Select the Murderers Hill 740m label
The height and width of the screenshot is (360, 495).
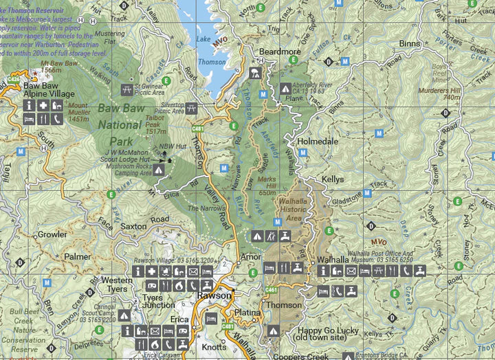442,93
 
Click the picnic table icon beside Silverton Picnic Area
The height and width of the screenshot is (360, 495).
192,108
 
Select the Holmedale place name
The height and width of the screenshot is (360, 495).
317,142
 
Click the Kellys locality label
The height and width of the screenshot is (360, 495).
333,179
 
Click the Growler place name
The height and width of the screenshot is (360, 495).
52,234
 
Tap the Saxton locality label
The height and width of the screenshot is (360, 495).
133,226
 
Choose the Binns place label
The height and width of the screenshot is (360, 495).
410,43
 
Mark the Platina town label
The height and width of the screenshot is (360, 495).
247,312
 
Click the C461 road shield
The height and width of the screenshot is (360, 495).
271,291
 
